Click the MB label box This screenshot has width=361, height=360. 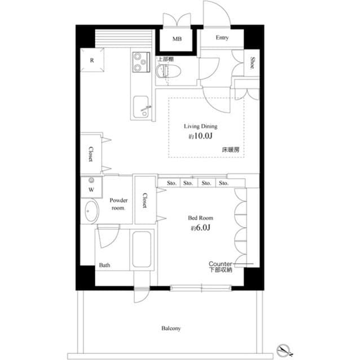pos(178,39)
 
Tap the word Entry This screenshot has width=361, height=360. pos(222,38)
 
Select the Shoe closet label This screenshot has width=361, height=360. pos(253,63)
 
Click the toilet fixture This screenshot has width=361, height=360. pos(166,71)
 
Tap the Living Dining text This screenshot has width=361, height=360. pos(201,127)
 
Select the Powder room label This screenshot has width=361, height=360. pos(118,203)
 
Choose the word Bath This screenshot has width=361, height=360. pos(105,265)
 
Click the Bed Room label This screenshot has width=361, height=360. pos(201,217)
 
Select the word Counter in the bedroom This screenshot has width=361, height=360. pos(221,264)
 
